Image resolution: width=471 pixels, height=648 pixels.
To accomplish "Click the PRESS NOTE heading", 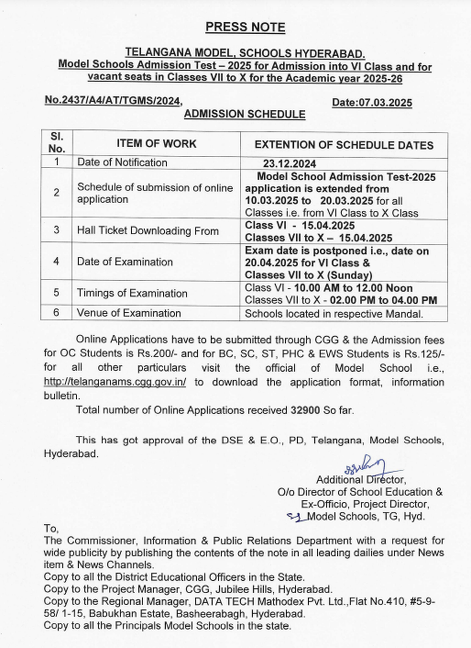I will (245, 27).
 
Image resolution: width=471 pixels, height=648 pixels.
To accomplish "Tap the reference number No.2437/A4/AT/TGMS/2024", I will (112, 101).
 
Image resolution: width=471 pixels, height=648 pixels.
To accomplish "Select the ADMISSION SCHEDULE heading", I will (245, 114).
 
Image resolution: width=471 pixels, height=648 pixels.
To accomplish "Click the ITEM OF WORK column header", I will (156, 144).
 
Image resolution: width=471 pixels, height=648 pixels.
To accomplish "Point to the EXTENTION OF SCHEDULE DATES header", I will (344, 145).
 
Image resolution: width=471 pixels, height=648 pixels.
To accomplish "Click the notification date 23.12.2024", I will (289, 164).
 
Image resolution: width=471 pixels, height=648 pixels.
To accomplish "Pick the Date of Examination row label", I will (125, 262).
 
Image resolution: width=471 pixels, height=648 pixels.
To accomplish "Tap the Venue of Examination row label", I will (129, 313).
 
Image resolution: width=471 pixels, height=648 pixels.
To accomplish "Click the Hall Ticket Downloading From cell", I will (148, 231).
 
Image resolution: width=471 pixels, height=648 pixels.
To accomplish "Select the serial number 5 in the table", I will (57, 293).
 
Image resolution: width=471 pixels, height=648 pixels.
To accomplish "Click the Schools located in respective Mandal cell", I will (334, 314).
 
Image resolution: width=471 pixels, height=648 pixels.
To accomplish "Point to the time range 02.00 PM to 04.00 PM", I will (383, 300).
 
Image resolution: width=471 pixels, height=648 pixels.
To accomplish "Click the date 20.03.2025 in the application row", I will (347, 201).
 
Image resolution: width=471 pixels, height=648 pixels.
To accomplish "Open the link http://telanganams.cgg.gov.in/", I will (115, 382).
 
